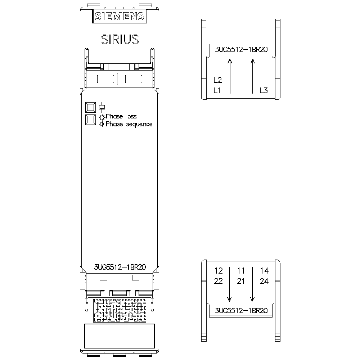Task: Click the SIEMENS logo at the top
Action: click(120, 16)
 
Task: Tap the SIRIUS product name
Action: click(120, 39)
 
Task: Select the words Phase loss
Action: click(121, 116)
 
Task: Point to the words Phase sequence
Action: click(129, 124)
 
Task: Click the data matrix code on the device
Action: click(120, 310)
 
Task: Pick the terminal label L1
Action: click(217, 90)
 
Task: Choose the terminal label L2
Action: click(218, 80)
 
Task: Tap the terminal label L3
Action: click(264, 90)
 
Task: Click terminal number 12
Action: click(219, 271)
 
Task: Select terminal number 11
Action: click(241, 271)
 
